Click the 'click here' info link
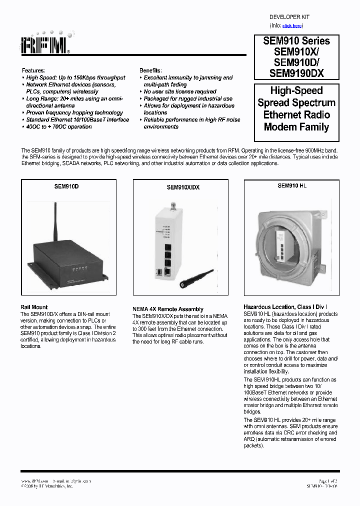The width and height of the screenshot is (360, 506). coord(292,25)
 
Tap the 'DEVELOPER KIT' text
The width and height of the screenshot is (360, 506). coord(289,16)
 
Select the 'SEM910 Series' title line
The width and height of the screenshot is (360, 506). coord(296,41)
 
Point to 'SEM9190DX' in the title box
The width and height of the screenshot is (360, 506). coord(296,73)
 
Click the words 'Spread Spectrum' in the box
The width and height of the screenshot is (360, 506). coord(296,103)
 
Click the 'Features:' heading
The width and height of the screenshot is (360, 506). coord(33,71)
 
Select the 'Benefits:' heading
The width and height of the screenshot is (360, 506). coord(150,71)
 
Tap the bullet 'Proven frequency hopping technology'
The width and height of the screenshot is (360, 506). coord(74,113)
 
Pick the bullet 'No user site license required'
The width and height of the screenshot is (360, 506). coord(180,92)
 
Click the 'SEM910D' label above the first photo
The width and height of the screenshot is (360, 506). coord(66,186)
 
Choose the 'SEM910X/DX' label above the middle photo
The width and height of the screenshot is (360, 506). coord(183,188)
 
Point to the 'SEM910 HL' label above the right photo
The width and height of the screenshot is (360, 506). coord(291,185)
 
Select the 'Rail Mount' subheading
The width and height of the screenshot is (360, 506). coord(34,307)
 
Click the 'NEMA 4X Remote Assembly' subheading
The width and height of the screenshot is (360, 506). coord(167,309)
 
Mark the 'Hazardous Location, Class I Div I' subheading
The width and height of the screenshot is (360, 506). coord(285,306)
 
